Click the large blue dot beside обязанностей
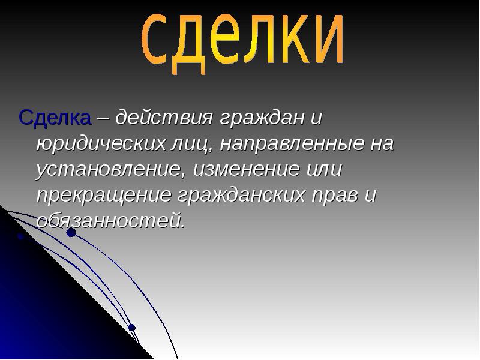tap(71, 232)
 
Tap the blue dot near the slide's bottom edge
tap(132, 328)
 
